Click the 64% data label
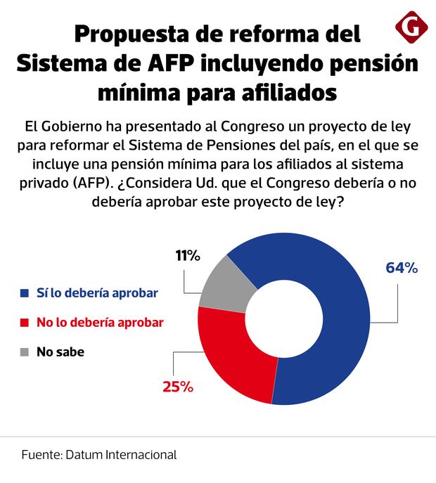[402, 268]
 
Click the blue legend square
[25, 292]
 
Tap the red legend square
[25, 322]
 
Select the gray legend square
[25, 352]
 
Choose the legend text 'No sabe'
[61, 352]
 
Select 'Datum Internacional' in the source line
[121, 454]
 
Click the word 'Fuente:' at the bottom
[41, 454]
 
